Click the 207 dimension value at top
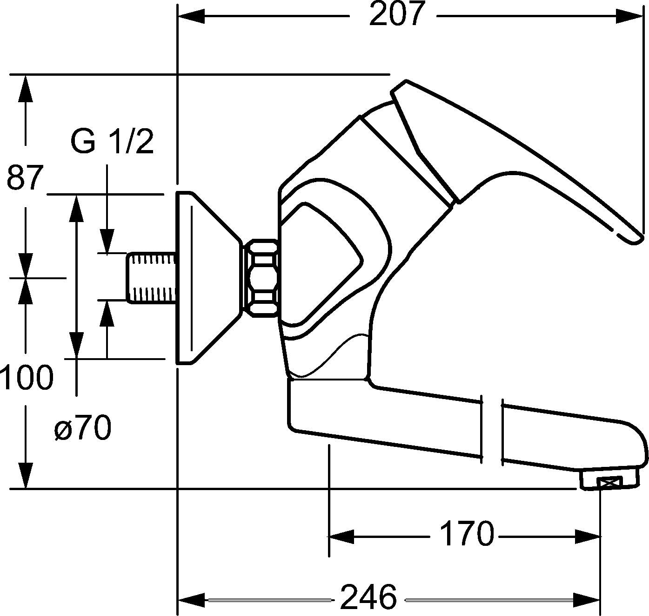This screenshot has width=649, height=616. click(x=396, y=15)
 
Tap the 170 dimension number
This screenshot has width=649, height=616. click(x=466, y=534)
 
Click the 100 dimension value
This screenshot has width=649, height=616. click(x=27, y=377)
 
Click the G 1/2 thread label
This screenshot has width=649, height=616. click(x=112, y=142)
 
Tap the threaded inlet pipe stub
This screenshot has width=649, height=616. click(x=152, y=277)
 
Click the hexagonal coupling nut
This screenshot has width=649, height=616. click(x=261, y=278)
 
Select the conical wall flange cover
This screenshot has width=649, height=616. click(x=205, y=277)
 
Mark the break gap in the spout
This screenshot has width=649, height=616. click(x=492, y=429)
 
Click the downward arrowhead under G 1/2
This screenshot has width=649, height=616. click(x=107, y=242)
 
